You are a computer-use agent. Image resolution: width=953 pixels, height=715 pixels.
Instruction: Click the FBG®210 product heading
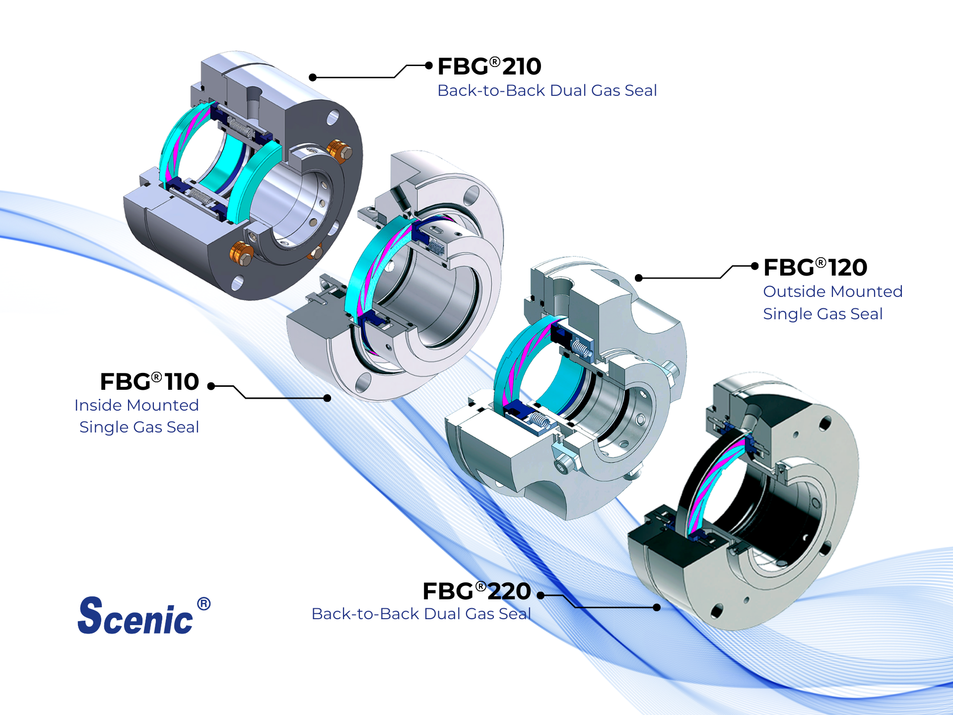click(x=489, y=67)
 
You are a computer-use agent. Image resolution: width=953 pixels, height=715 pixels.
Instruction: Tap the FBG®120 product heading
click(x=815, y=268)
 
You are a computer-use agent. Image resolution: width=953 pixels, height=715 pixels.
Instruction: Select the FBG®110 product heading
click(x=149, y=382)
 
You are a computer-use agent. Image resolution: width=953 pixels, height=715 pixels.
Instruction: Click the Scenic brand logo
click(x=136, y=616)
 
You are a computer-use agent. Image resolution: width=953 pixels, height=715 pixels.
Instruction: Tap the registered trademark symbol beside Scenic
click(x=204, y=604)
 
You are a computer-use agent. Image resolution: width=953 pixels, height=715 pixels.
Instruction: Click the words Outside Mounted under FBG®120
click(x=832, y=291)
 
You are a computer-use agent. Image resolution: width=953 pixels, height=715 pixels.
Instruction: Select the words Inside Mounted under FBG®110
click(x=136, y=405)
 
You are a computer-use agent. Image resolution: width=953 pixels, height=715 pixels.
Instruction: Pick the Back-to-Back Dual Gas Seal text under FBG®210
click(x=547, y=90)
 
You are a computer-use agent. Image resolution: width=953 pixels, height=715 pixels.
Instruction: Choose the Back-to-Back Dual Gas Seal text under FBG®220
click(x=421, y=614)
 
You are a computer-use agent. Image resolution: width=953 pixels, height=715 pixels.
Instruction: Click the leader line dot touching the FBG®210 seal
click(x=313, y=77)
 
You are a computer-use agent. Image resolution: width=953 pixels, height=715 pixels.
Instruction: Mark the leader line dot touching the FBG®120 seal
click(x=639, y=278)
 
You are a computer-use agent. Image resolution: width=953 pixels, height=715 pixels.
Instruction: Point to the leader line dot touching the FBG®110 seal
click(x=327, y=398)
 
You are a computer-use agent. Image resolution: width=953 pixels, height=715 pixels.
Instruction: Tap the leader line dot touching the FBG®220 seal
click(x=657, y=607)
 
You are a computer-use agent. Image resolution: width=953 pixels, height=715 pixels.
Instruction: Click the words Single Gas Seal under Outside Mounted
click(x=822, y=314)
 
